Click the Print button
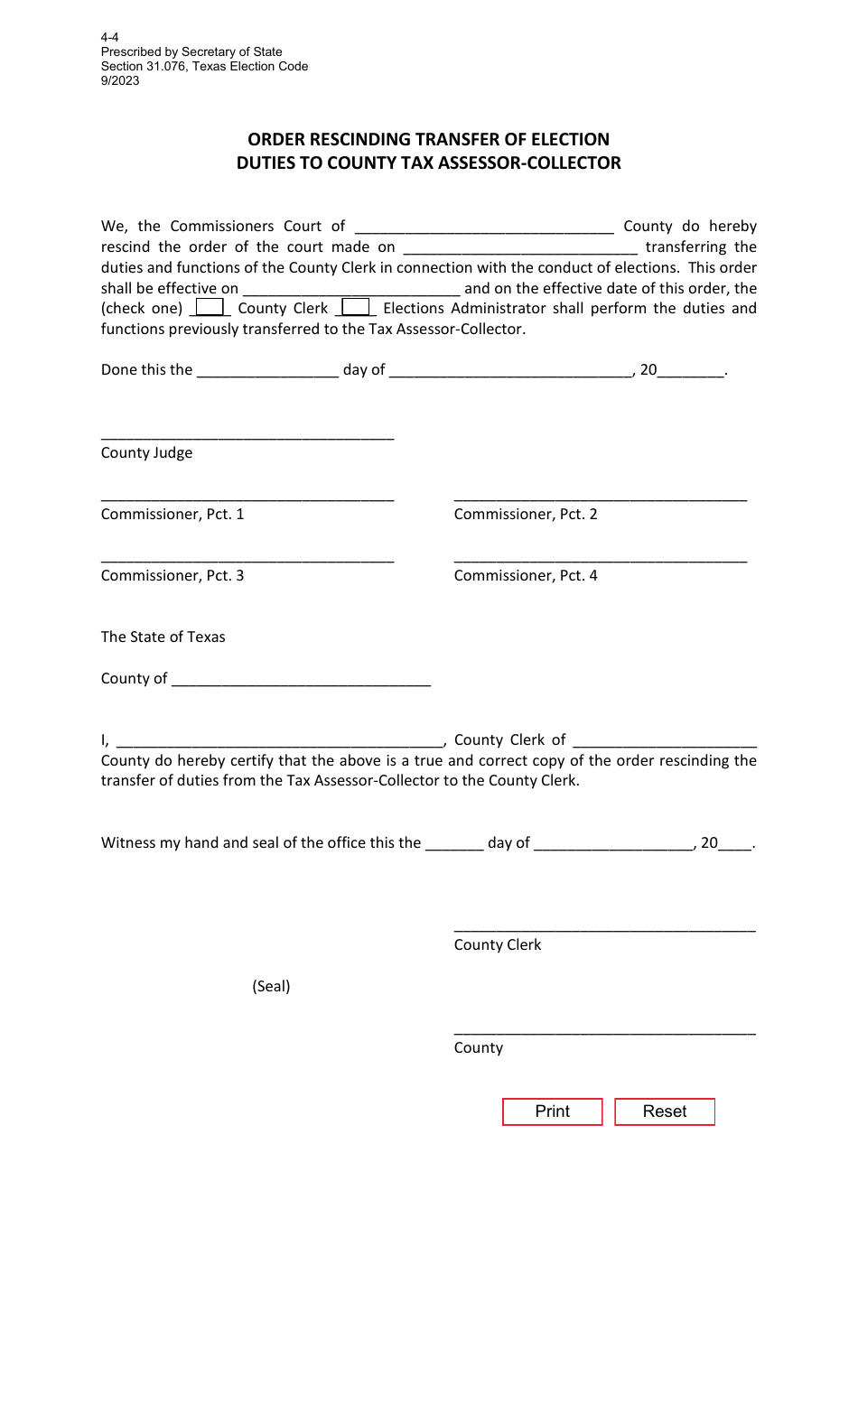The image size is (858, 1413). (x=552, y=1111)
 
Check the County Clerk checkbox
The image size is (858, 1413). (x=210, y=308)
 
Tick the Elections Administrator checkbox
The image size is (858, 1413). (x=356, y=308)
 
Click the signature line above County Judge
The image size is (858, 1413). (x=247, y=435)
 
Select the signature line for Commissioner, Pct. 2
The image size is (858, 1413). (x=600, y=497)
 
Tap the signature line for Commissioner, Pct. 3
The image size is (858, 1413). (x=247, y=558)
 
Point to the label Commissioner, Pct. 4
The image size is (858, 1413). (x=526, y=575)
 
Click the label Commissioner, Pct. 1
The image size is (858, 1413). (x=173, y=514)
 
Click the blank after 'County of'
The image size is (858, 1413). (x=300, y=680)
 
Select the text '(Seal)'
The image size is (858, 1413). (x=271, y=986)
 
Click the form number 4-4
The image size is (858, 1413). (x=109, y=38)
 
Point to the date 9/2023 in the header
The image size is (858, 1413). (x=120, y=80)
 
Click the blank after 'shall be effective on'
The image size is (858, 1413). (x=351, y=290)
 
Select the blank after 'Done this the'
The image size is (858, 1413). (x=267, y=371)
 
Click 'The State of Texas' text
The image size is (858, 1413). (x=163, y=637)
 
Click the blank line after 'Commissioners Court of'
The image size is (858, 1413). (x=484, y=228)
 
